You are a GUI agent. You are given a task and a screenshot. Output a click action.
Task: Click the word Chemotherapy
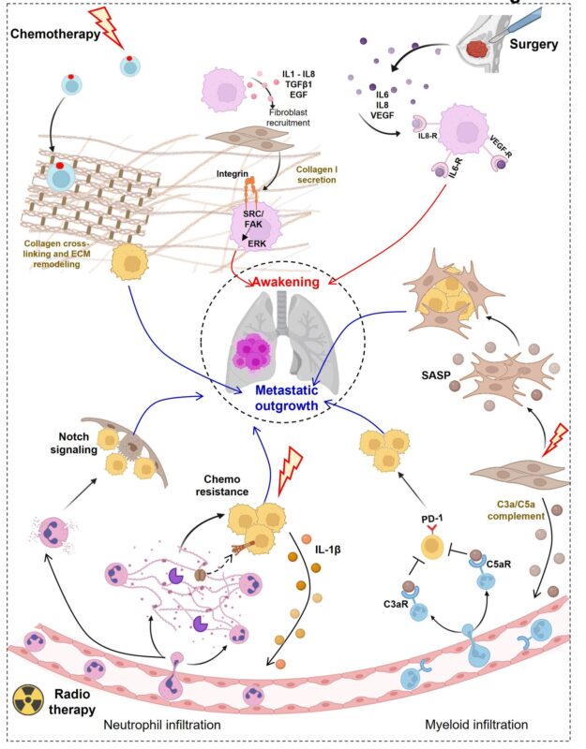(55, 34)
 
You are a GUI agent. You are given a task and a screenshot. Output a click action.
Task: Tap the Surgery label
(533, 44)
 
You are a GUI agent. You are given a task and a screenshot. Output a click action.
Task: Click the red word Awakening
(286, 282)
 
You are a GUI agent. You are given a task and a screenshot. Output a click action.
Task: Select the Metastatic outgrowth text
(287, 398)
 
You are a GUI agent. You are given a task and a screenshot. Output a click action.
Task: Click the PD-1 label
(432, 519)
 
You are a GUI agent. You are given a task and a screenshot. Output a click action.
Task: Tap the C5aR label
(499, 565)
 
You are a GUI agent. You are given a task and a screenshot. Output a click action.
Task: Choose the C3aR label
(396, 604)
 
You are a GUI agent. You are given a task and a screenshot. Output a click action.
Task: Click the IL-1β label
(327, 550)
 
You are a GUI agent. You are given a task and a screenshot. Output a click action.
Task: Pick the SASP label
(436, 375)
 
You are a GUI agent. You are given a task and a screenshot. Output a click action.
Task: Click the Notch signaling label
(74, 443)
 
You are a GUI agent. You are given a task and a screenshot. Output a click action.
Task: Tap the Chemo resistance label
(222, 485)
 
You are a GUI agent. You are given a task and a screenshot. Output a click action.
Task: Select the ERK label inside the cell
(257, 243)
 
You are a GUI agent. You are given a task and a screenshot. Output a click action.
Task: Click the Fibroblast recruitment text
(289, 118)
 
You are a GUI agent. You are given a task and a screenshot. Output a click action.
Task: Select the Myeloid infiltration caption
(476, 725)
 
